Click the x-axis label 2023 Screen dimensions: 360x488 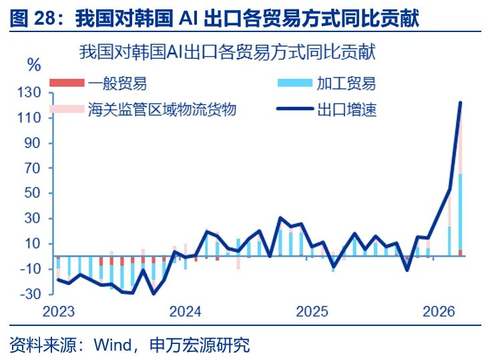(x=59, y=312)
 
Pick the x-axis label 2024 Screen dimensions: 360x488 (x=186, y=312)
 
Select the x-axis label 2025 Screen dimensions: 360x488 (x=312, y=312)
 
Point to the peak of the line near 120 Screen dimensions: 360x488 (x=460, y=103)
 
